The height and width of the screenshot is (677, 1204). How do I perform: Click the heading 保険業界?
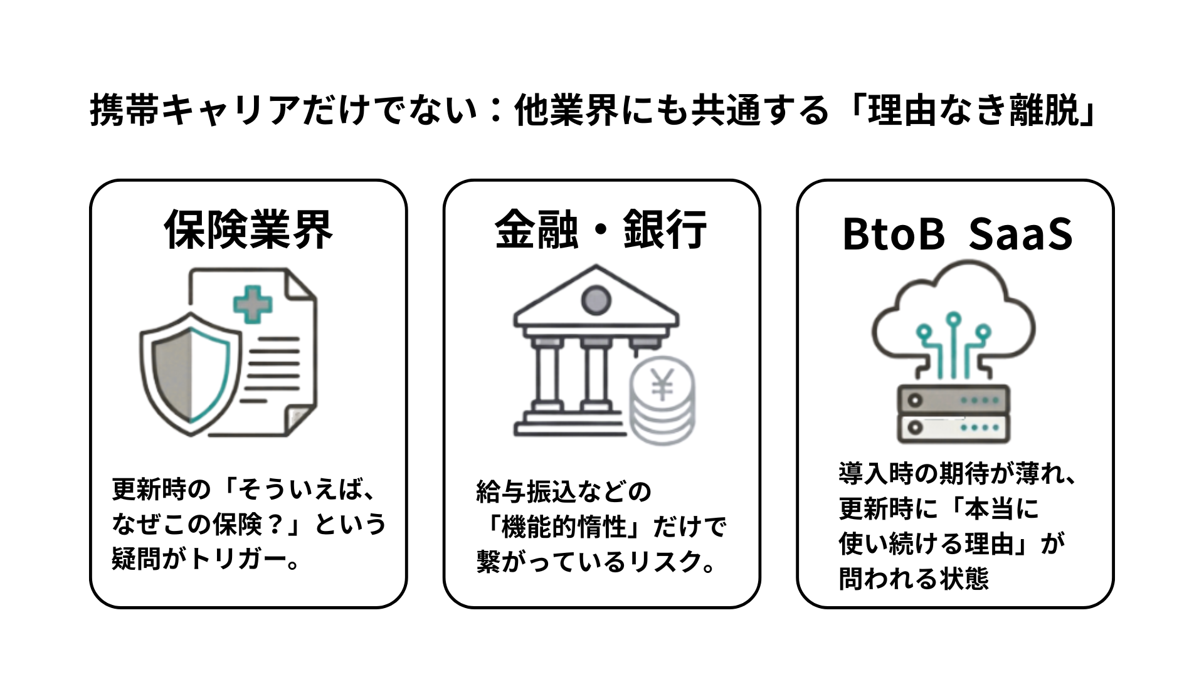[248, 229]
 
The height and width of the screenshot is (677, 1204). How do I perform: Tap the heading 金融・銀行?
[601, 229]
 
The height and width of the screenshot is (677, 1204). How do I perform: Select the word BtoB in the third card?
[893, 234]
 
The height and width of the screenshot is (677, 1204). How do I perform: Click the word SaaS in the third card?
[1020, 234]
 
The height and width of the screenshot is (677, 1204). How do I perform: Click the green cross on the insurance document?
[253, 305]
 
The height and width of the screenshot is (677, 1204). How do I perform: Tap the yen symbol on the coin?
[662, 384]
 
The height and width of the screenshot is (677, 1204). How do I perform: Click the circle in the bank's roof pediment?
[595, 300]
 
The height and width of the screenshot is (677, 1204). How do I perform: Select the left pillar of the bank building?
[546, 376]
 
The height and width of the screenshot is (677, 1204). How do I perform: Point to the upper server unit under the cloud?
[953, 399]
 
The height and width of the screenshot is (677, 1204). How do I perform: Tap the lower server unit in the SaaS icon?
[953, 429]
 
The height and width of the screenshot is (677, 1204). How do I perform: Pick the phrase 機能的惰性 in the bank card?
[569, 527]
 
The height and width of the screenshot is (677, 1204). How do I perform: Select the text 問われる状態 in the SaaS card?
[914, 579]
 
